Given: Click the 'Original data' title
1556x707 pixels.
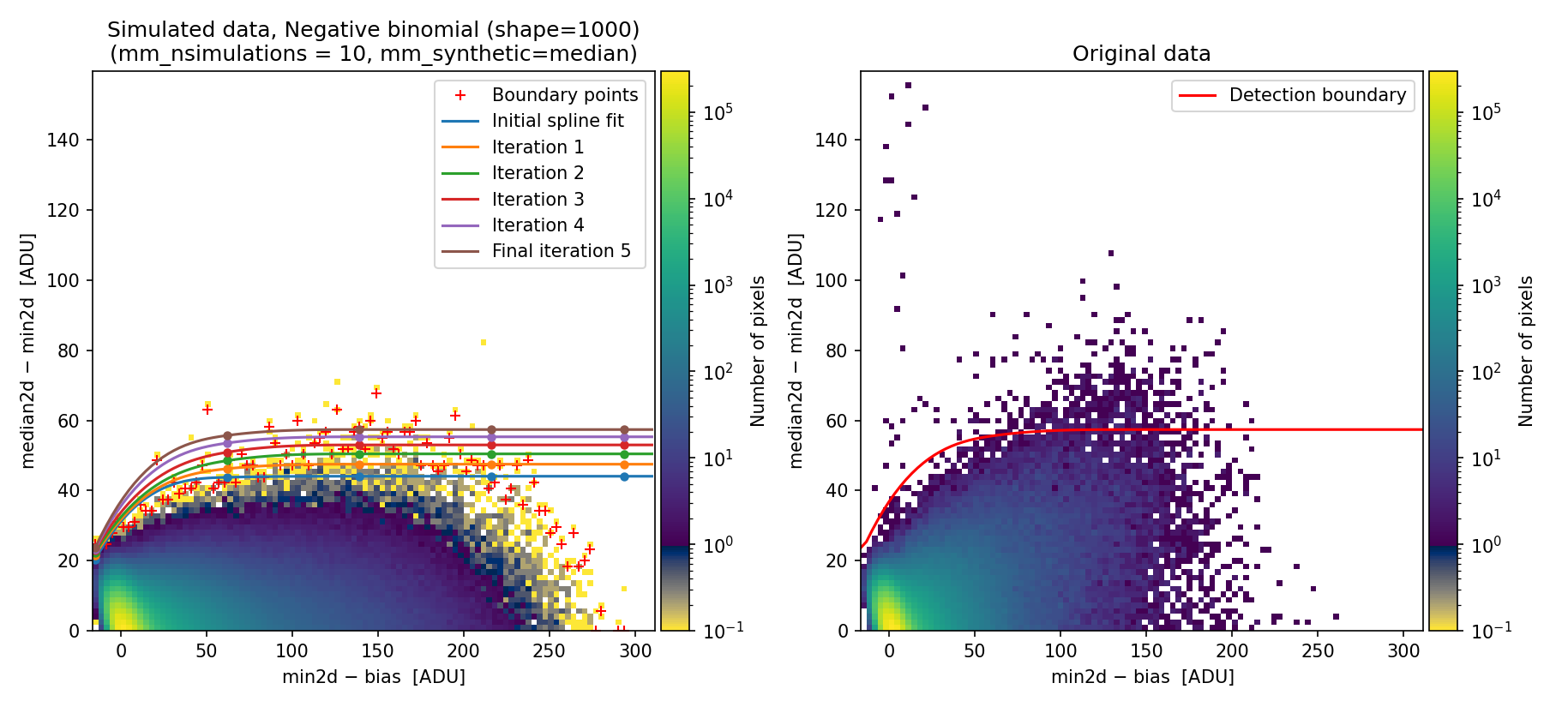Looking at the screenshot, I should pos(1141,54).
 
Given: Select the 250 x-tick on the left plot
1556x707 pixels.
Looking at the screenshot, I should pos(549,650).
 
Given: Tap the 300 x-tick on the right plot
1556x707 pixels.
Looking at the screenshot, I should pos(1403,650).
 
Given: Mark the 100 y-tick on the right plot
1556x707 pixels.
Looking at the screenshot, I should pos(831,280).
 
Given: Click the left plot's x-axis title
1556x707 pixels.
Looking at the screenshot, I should pos(374,677).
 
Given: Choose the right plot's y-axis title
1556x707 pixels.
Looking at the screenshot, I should pos(796,351).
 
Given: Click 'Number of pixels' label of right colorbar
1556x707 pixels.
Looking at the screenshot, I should pos(1526,351).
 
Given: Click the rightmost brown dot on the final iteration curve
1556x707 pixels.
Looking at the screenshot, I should pos(624,429).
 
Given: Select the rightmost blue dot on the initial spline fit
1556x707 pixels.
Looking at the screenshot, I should pos(624,476).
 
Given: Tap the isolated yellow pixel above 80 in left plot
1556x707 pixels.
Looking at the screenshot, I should pos(484,342).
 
